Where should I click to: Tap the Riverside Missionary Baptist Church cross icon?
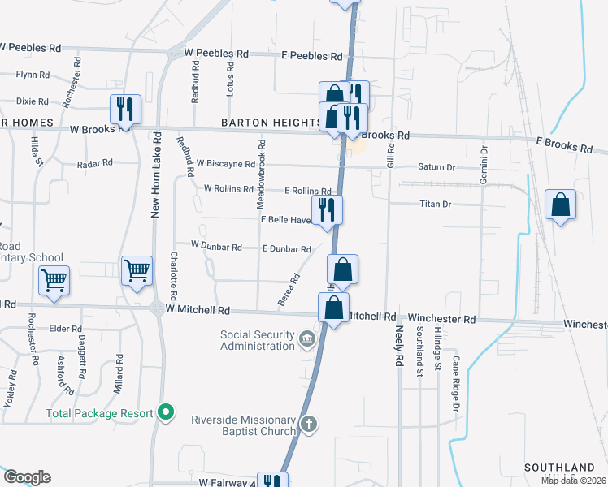point(308,424)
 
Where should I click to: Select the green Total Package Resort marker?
point(166,413)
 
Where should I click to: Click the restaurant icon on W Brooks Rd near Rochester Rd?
point(125,109)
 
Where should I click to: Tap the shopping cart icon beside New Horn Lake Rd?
point(137,270)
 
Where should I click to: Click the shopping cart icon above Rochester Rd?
point(54,281)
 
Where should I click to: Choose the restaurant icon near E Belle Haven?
point(327,209)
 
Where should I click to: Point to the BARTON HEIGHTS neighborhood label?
point(271,123)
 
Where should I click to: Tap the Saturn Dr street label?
point(436,167)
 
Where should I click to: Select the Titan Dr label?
point(436,204)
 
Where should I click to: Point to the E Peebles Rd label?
point(311,56)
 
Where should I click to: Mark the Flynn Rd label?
point(33,75)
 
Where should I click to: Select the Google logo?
point(27,477)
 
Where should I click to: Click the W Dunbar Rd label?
point(216,245)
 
